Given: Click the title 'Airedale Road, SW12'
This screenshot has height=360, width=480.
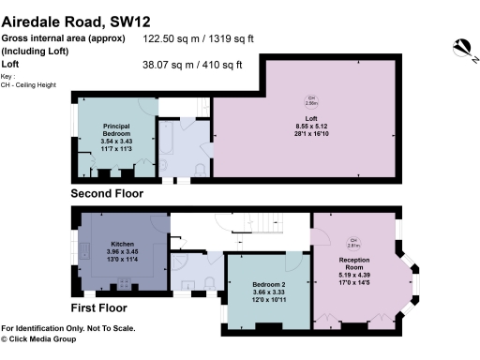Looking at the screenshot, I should [76, 20].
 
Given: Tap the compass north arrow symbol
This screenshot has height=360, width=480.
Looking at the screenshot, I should [460, 46].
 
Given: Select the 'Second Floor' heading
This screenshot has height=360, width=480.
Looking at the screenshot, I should [108, 194].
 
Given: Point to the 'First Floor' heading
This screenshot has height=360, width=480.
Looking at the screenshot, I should [100, 307].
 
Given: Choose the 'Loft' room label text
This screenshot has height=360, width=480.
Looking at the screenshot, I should [313, 116].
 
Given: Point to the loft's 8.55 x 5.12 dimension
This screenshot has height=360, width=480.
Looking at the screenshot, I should [313, 125].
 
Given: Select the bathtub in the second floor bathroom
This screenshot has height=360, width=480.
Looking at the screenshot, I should [173, 148].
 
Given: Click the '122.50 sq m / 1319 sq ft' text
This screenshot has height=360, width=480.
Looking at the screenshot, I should [198, 39].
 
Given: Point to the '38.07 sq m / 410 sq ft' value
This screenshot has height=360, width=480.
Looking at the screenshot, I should [192, 65].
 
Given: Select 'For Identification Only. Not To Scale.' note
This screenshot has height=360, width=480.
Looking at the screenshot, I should [67, 328].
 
